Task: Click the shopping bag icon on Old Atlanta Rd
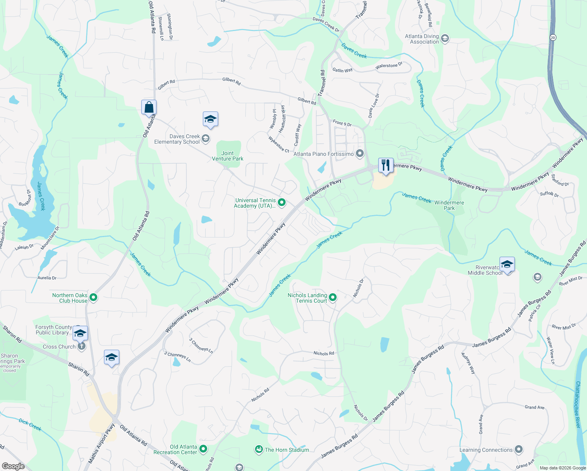149,107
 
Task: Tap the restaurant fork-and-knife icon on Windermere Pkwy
386,165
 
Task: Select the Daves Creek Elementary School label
177,139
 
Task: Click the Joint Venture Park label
228,156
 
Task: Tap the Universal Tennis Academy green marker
282,203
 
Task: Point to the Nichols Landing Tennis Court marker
333,298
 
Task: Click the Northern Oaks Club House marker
93,298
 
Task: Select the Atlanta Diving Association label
422,39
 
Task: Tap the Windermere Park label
449,205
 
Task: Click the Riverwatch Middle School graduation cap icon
507,265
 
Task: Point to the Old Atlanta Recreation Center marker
203,449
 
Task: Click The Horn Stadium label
287,450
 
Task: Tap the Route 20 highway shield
553,38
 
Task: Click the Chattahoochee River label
578,404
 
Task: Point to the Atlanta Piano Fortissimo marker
360,153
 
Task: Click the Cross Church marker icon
81,346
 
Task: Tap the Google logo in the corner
13,466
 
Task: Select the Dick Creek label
30,425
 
